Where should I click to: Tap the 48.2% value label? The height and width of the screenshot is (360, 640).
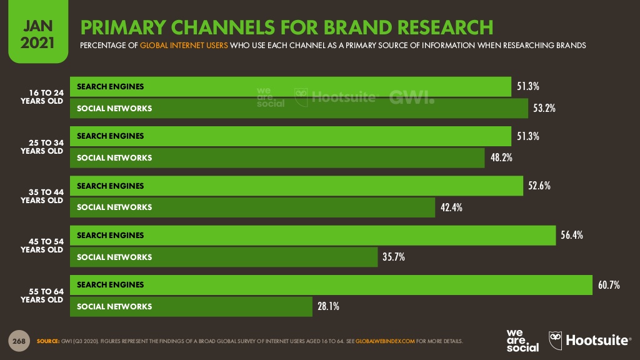pos(501,157)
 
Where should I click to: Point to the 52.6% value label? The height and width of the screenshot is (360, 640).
pos(539,186)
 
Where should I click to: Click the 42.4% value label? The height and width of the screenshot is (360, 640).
pos(451,207)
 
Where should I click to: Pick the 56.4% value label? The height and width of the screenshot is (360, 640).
pos(571,235)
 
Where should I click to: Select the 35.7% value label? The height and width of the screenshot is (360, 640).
pos(394,257)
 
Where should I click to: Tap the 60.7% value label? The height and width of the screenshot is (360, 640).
pos(608,285)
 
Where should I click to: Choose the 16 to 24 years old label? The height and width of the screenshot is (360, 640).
pos(42,97)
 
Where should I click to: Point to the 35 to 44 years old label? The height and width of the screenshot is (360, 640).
pos(42,196)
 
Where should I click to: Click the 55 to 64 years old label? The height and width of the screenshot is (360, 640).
pos(42,295)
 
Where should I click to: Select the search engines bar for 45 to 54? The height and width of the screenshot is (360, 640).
pos(312,235)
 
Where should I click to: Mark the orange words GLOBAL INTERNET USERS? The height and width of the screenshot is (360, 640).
pos(184,46)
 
